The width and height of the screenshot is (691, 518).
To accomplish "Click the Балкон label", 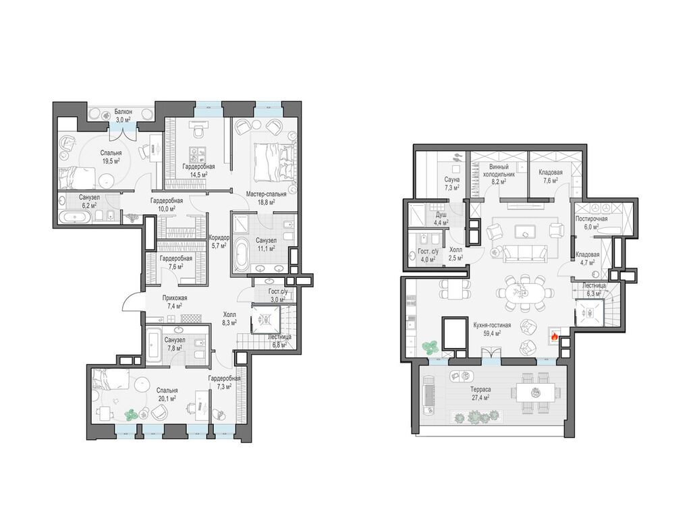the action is [120, 113].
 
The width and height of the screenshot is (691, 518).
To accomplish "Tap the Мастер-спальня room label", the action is [266, 194].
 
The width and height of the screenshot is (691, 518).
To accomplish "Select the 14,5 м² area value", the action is [199, 175].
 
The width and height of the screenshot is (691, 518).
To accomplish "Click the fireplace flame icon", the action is [554, 337].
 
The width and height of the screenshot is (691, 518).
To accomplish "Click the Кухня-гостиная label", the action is [492, 325].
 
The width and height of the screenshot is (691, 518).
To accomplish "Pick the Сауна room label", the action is [451, 179].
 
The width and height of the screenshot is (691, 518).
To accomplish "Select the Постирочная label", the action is [591, 219].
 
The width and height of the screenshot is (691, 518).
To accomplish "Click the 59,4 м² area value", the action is [492, 333].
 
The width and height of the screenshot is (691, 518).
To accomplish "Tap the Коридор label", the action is [219, 237].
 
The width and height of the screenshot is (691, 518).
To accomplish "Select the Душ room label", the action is [441, 214].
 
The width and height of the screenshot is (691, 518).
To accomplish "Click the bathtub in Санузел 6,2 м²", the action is [76, 217].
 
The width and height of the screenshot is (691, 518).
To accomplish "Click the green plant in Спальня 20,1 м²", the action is [131, 415].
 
